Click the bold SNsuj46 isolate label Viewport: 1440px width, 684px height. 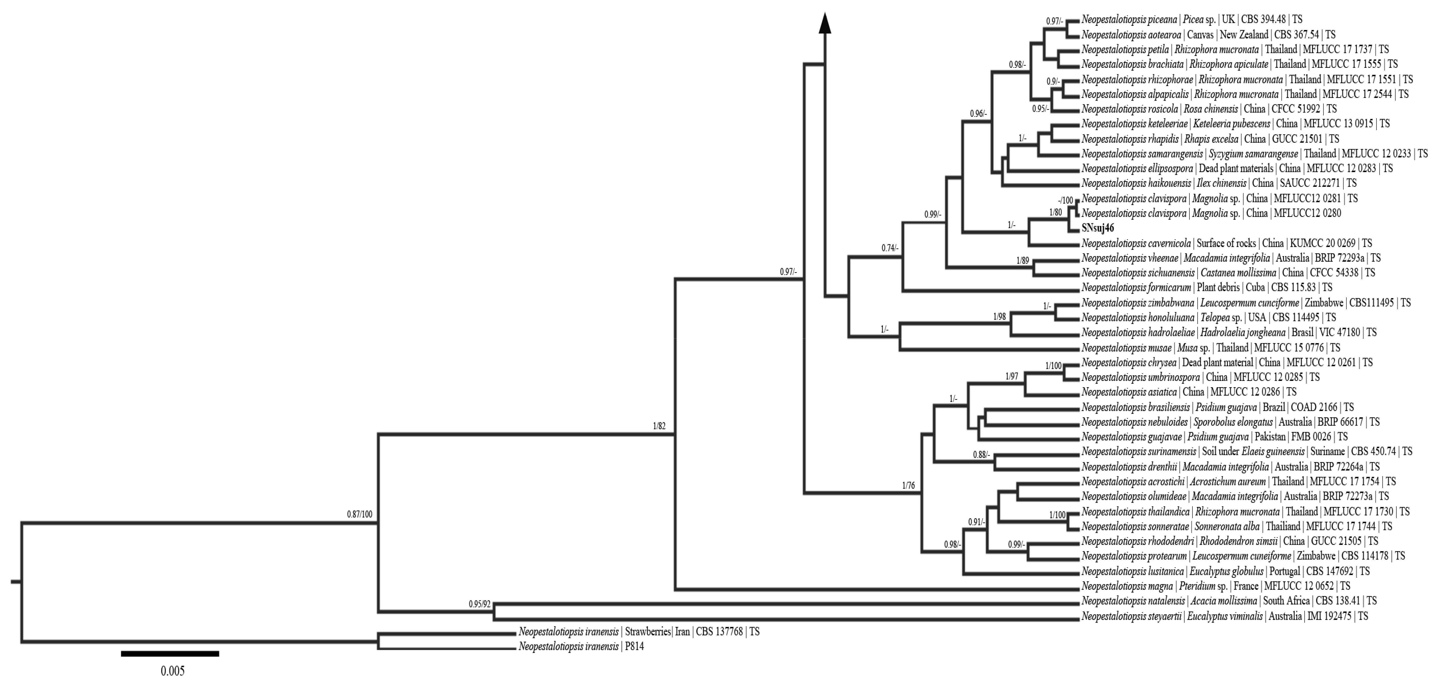[x=1097, y=228]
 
